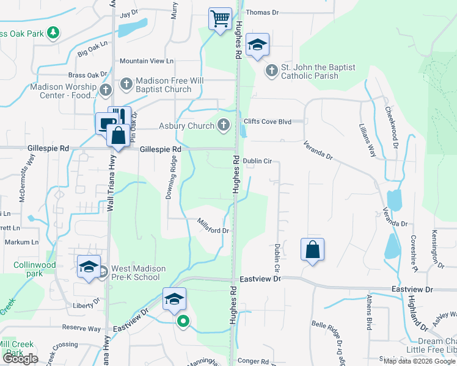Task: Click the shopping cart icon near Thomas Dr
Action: coord(219,18)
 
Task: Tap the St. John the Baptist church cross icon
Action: coord(271,72)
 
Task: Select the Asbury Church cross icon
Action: coord(224,126)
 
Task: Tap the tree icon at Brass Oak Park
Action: coord(54,32)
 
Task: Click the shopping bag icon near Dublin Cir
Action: coord(312,249)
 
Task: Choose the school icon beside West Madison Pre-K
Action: coord(89,267)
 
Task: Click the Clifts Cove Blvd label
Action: coord(268,121)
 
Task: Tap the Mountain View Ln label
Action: coord(147,61)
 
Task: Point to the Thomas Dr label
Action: coord(261,12)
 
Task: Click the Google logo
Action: coord(20,359)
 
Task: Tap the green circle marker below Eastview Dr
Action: coord(182,321)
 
